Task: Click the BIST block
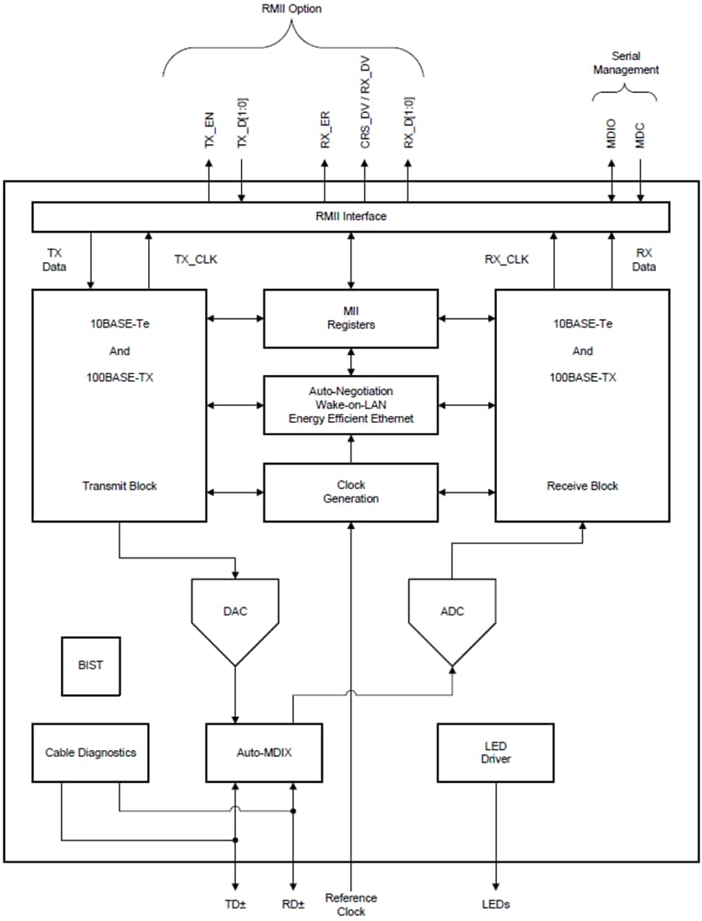coord(90,666)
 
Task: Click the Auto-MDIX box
coord(264,752)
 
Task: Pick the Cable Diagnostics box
coord(90,752)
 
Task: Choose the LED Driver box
coord(495,752)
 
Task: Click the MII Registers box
coord(351,318)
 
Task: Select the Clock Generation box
coord(351,491)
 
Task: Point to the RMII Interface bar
coord(351,216)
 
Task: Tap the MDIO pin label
coord(612,136)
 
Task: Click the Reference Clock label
coord(351,904)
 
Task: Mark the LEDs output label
coord(496,904)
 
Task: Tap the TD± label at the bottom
coord(235,904)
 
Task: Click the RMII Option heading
coord(291,9)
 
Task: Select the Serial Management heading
coord(625,63)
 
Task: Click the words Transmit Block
coord(119,486)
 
